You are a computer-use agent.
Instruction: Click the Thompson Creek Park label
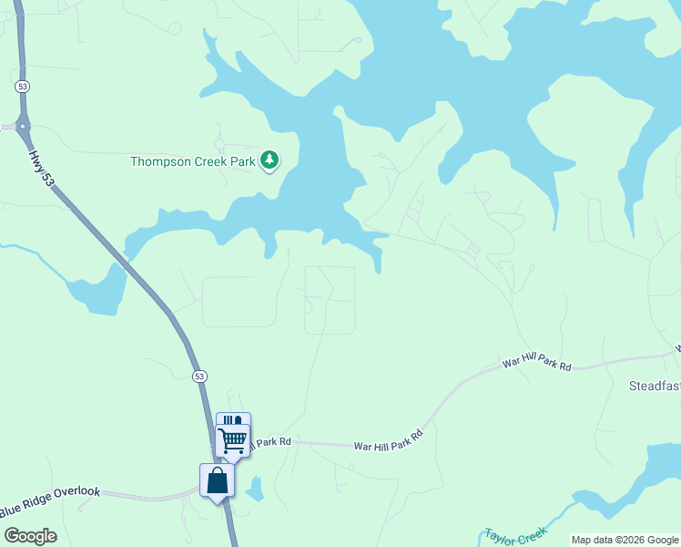(193, 161)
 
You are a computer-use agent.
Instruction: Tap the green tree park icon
(269, 160)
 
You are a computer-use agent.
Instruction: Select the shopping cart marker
(233, 440)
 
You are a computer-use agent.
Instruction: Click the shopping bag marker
(217, 480)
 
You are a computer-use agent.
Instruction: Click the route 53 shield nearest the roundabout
(23, 86)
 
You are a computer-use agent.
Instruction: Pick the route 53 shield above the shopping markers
(199, 376)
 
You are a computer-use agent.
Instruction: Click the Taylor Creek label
(514, 536)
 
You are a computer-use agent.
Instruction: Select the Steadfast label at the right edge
(655, 386)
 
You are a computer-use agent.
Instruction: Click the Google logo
(30, 535)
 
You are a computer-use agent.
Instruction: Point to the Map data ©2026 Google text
(625, 540)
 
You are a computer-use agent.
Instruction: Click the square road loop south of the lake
(329, 300)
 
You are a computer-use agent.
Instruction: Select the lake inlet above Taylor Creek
(637, 483)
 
